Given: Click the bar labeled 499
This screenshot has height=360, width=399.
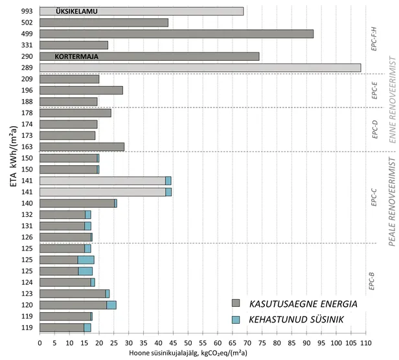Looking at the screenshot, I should coord(176,34).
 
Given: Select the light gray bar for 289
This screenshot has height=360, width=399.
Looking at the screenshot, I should coord(200,67).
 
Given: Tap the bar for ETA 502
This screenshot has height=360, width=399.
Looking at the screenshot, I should coord(104,23).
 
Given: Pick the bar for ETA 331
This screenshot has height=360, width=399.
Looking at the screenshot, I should coord(74,45).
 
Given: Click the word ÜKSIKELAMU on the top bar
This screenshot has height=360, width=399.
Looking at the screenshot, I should coord(76,11).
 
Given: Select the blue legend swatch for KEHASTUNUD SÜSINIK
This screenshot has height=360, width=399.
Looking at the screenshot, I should coord(236,320).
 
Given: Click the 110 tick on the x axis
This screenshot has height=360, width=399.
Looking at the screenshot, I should coord(365,343).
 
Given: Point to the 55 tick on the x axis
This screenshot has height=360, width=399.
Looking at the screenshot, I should coord(203,343).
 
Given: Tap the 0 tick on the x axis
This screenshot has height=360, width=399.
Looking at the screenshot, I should coord(40,343).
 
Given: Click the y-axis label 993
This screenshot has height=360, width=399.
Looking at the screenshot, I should coord(27,11).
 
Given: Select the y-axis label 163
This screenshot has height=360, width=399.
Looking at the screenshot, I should coord(27,146).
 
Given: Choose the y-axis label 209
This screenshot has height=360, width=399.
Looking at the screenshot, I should coord(27,79).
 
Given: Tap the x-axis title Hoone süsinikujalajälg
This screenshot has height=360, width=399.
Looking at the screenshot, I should coord(201,354).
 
